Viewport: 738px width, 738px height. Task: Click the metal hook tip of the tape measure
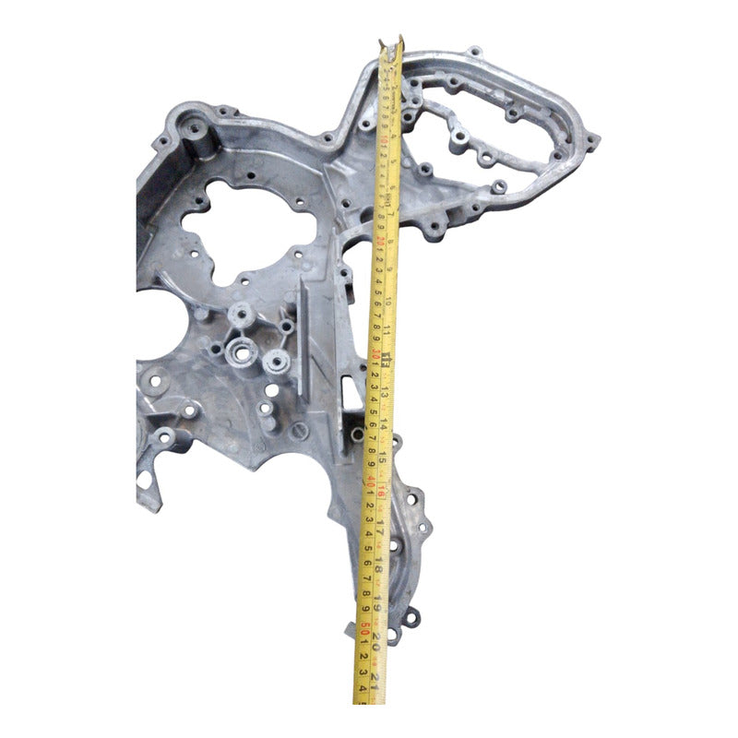pyautogui.click(x=400, y=43)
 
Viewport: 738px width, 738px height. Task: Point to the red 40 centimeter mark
pyautogui.click(x=368, y=480)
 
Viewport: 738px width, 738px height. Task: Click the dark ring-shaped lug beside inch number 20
pyautogui.click(x=411, y=614)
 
